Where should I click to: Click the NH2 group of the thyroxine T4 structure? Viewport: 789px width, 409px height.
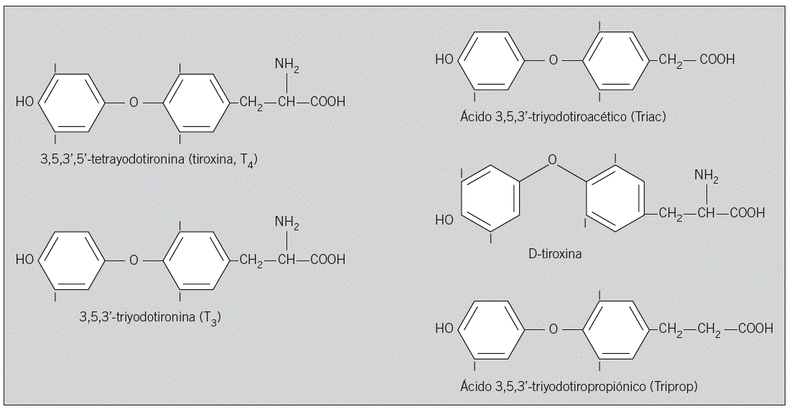[286, 65]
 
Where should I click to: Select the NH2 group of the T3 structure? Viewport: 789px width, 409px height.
[286, 222]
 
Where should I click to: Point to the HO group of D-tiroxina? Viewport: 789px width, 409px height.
[444, 220]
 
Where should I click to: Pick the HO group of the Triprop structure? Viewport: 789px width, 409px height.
[444, 329]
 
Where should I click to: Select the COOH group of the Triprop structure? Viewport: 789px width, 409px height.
[755, 329]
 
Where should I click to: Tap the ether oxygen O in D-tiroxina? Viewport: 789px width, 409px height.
[551, 159]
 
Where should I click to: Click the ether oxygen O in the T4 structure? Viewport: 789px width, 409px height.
[133, 102]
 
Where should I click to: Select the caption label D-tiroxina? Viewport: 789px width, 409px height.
[552, 254]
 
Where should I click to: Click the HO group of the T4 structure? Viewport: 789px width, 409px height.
[24, 102]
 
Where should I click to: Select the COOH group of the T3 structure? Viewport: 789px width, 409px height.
[327, 259]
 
